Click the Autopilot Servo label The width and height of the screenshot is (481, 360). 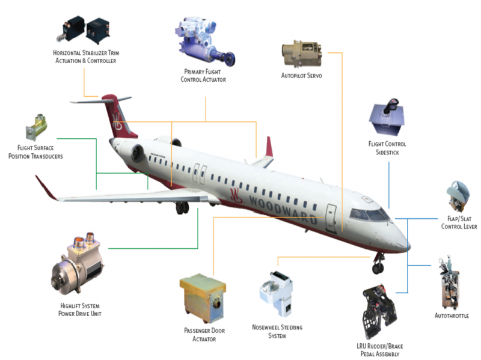tap(302, 76)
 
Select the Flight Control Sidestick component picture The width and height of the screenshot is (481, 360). tap(387, 117)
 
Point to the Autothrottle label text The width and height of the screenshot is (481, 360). tap(452, 316)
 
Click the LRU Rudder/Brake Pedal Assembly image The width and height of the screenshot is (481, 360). tap(379, 312)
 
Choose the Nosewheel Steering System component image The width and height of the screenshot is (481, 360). tap(277, 293)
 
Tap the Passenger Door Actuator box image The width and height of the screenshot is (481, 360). tap(203, 298)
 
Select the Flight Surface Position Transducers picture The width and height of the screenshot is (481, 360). tap(37, 127)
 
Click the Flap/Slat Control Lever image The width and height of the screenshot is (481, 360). tap(458, 197)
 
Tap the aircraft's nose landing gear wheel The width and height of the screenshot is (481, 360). tap(378, 268)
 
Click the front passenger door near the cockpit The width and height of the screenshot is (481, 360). tap(331, 218)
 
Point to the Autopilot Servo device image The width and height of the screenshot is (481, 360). tap(302, 53)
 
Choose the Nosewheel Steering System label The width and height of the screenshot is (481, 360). tap(277, 332)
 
